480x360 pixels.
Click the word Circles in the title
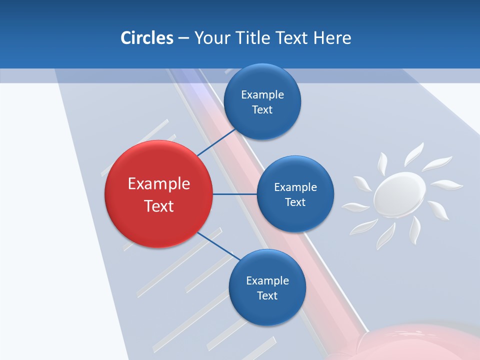point(146,38)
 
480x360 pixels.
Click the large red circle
point(158,194)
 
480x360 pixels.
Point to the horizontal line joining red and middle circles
point(234,194)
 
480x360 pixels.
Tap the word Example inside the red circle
point(158,183)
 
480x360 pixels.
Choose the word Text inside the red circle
point(158,205)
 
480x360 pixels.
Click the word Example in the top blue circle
point(262,94)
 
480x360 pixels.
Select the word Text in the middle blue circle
point(295,202)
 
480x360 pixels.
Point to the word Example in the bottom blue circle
point(267,280)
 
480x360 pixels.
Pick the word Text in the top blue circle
point(262,109)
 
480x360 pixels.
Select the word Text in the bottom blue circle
point(267,295)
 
